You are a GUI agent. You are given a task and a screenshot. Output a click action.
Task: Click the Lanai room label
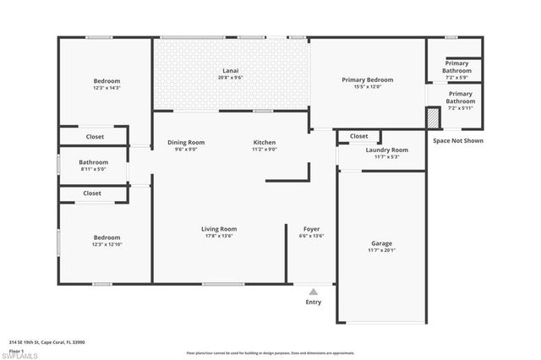(230, 71)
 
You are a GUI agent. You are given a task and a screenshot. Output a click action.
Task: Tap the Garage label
(381, 243)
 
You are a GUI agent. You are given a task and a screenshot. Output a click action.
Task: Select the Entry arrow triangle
(313, 292)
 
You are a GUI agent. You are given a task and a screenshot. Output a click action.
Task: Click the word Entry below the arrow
(313, 302)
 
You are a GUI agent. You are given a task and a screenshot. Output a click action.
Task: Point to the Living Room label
(218, 229)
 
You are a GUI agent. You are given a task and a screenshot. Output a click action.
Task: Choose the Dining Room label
(185, 143)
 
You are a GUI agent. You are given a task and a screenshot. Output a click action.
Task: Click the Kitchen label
(265, 143)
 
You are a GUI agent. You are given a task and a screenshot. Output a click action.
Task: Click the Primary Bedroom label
(368, 80)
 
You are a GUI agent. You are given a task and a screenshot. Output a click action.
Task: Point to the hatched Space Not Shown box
(433, 117)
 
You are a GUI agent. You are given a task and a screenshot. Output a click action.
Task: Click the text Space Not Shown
(457, 141)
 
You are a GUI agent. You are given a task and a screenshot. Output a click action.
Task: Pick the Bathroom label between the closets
(94, 162)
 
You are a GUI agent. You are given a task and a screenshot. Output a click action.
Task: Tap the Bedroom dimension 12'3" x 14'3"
(107, 88)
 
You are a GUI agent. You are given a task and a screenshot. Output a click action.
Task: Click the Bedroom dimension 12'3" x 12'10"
(107, 244)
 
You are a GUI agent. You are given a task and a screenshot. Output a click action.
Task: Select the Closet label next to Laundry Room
(358, 136)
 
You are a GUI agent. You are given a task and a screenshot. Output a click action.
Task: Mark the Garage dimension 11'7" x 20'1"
(381, 251)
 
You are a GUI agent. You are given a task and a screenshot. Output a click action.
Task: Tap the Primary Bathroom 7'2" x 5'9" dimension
(457, 78)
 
